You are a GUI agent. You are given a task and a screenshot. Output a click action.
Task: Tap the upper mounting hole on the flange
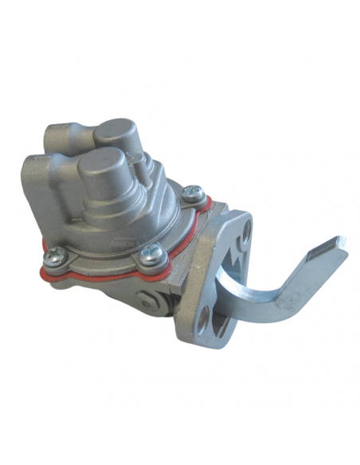click(245, 231)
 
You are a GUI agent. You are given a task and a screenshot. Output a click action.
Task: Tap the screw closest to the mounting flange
click(191, 193)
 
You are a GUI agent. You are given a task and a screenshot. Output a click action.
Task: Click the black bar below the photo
click(180, 438)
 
